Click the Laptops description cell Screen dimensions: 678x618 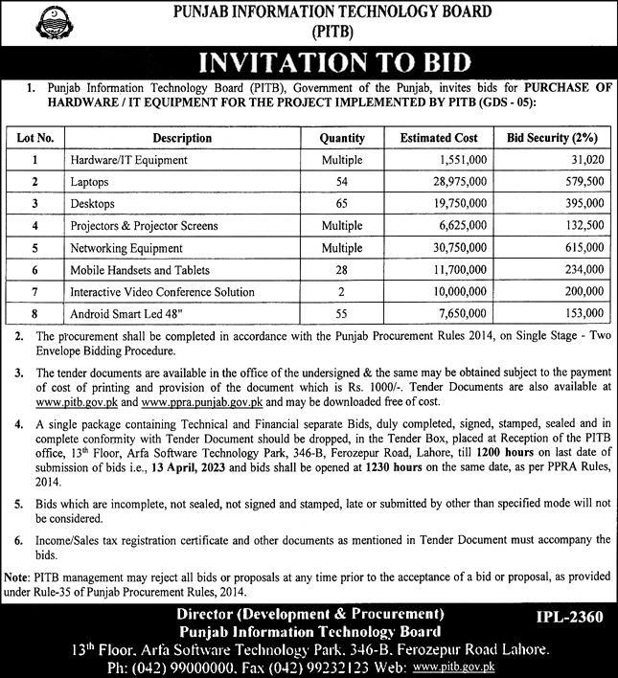89,181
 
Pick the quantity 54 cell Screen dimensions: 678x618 342,181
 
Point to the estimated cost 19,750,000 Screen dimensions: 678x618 463,203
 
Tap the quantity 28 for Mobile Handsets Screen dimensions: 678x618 342,269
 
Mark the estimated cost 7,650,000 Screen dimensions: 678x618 466,313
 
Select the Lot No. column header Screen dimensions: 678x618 34,138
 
